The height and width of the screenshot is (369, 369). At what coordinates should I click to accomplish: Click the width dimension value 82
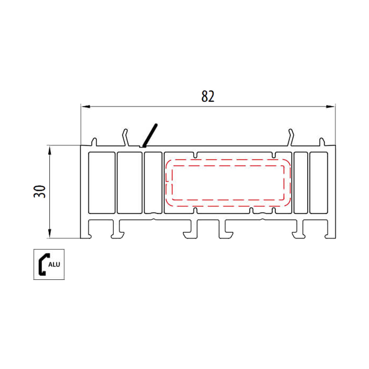point(208,96)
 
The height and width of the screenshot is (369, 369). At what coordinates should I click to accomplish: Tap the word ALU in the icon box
point(54,264)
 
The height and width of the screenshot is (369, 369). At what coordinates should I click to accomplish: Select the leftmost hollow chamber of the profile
point(102,182)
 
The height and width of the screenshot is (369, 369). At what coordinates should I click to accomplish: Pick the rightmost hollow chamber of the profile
point(318,182)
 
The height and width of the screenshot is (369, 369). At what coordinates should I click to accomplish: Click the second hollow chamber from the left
point(130,182)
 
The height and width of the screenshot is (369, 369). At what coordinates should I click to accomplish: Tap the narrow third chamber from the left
point(153,182)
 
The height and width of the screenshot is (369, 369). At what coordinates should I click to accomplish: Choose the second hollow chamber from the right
point(301,182)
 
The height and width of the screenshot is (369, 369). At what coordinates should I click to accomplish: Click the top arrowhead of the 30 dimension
point(49,149)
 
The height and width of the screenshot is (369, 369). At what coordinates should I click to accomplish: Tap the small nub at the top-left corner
point(94,141)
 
